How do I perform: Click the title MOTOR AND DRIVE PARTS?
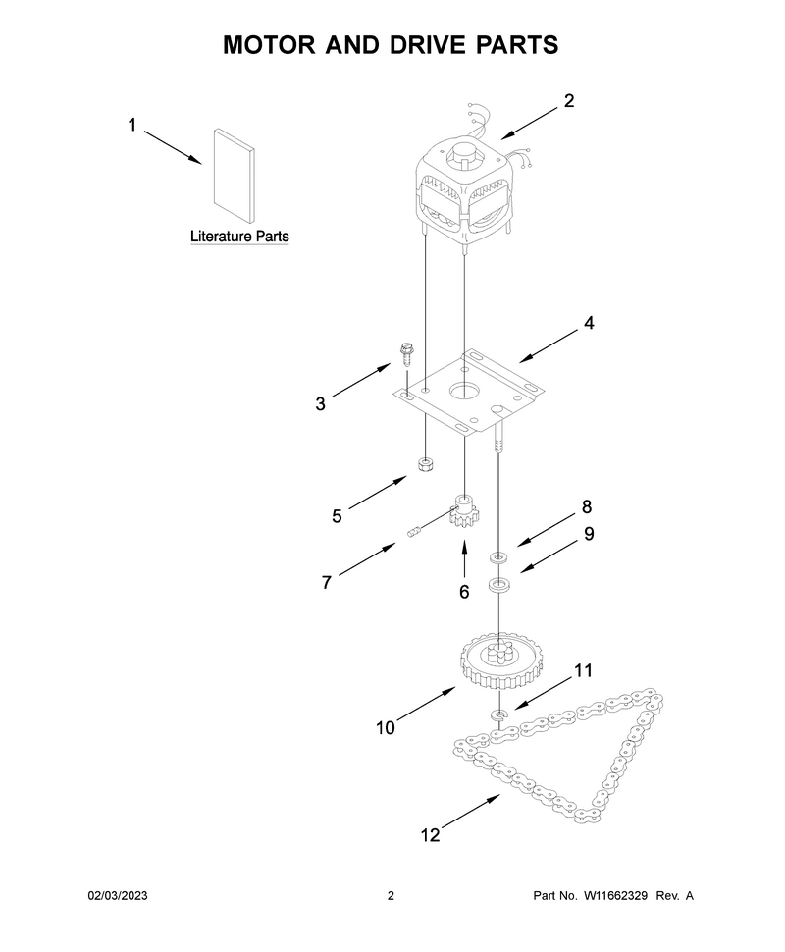click(x=391, y=45)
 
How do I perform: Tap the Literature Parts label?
click(x=239, y=237)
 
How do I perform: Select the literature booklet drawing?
click(x=234, y=175)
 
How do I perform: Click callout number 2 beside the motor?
click(x=568, y=101)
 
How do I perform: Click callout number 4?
click(x=589, y=323)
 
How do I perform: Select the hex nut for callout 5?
click(x=425, y=465)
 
